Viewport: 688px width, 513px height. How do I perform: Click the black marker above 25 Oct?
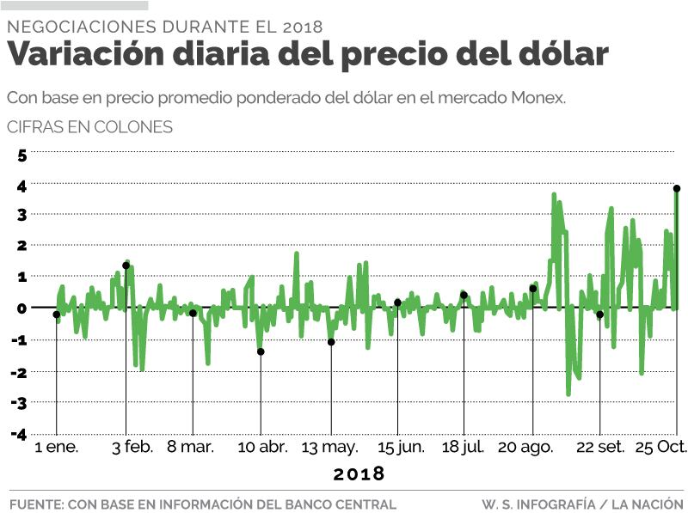[677, 188]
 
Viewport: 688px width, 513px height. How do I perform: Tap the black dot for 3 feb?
[126, 266]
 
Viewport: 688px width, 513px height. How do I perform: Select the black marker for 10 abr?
[261, 351]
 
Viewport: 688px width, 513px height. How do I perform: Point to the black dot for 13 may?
[331, 342]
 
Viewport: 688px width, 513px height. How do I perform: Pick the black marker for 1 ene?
[57, 315]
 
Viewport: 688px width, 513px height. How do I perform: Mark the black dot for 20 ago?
[533, 289]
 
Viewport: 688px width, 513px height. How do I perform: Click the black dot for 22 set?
[600, 315]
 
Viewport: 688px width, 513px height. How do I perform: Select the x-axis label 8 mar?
[190, 447]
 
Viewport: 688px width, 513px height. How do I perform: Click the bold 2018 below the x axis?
[359, 473]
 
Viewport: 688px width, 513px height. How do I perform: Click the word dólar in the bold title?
[562, 55]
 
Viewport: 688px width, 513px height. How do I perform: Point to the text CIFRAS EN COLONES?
[89, 127]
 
